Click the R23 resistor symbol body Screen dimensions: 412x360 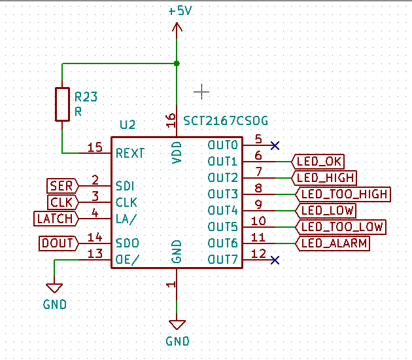point(62,104)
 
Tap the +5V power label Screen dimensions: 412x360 point(180,11)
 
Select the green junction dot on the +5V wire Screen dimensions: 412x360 point(177,63)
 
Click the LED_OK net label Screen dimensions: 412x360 point(318,162)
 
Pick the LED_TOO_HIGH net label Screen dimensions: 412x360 point(343,194)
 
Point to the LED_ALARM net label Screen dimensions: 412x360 point(333,243)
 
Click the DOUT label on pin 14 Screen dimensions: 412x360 point(59,243)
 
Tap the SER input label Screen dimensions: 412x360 point(63,186)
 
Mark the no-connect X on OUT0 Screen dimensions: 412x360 point(275,145)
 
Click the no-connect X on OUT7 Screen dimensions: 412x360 point(275,260)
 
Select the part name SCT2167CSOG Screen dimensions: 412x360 point(226,121)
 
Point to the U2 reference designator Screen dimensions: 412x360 point(128,124)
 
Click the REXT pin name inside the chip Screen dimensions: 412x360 point(130,153)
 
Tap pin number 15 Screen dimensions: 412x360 point(95,147)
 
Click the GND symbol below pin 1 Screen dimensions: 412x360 point(177,325)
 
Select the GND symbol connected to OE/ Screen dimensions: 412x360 point(54,288)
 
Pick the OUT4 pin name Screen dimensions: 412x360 point(222,210)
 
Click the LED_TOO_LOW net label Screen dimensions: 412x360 point(341,227)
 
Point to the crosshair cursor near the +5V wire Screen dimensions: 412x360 point(201,92)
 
